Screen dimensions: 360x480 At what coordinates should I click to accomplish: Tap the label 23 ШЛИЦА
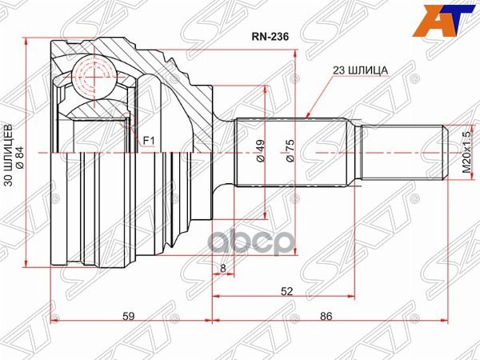click(361, 70)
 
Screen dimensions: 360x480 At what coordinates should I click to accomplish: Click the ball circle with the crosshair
click(94, 78)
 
